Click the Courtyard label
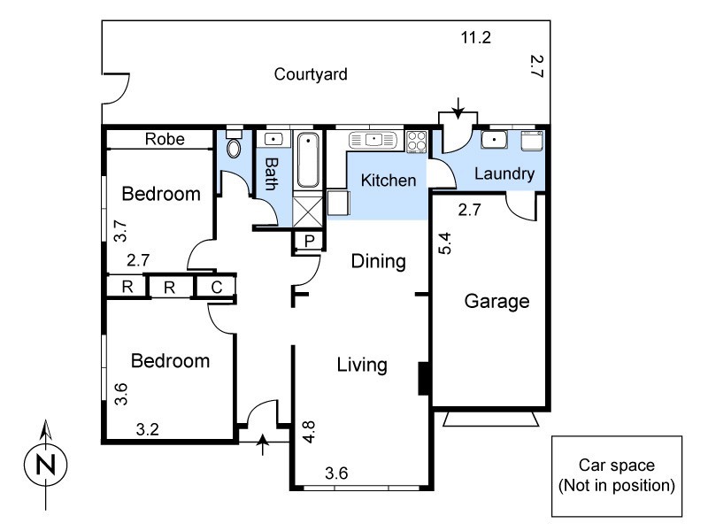pyautogui.click(x=311, y=74)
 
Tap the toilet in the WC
pyautogui.click(x=234, y=144)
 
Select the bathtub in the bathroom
pyautogui.click(x=308, y=160)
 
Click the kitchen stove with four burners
pyautogui.click(x=416, y=142)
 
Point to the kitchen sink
pyautogui.click(x=373, y=140)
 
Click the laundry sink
pyautogui.click(x=494, y=140)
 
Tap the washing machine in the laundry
pyautogui.click(x=532, y=141)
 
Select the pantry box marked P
pyautogui.click(x=308, y=241)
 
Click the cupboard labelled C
pyautogui.click(x=216, y=287)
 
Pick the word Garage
pyautogui.click(x=496, y=301)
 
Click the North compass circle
pyautogui.click(x=46, y=465)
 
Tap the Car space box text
pyautogui.click(x=617, y=475)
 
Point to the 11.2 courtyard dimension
pyautogui.click(x=475, y=37)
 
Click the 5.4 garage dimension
pyautogui.click(x=444, y=242)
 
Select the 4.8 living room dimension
pyautogui.click(x=309, y=432)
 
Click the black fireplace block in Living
pyautogui.click(x=423, y=379)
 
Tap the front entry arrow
pyautogui.click(x=262, y=444)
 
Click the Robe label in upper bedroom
pyautogui.click(x=165, y=139)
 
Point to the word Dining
pyautogui.click(x=379, y=261)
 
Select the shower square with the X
pyautogui.click(x=308, y=212)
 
